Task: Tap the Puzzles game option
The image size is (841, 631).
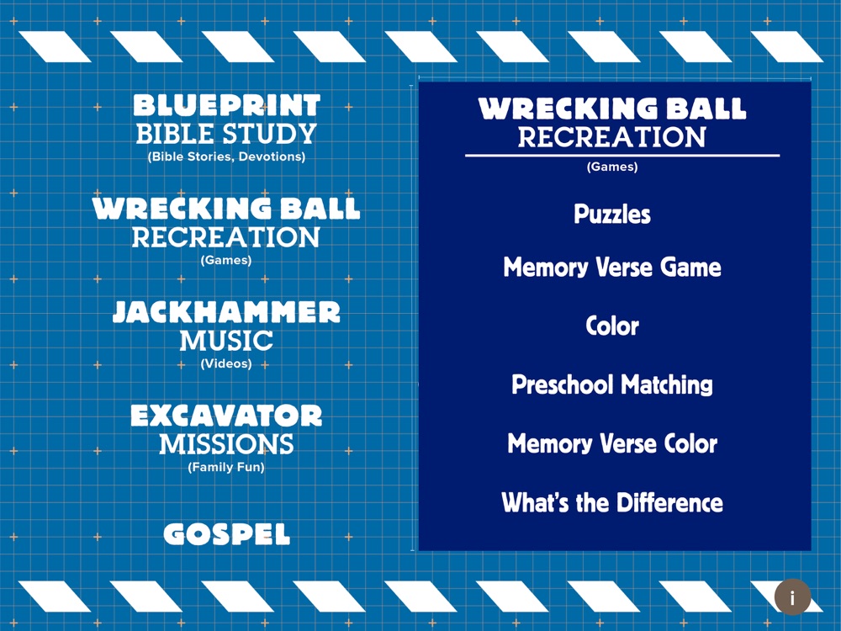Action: (612, 214)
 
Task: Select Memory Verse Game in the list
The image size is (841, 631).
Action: (612, 268)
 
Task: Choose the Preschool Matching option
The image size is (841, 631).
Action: (612, 384)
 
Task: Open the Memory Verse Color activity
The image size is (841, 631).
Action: (612, 443)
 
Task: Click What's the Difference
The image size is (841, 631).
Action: (612, 502)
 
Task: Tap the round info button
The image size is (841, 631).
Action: (792, 597)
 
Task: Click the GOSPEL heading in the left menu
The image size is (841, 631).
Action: (226, 534)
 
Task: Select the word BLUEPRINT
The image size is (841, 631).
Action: (226, 105)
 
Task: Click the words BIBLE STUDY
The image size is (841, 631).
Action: (226, 134)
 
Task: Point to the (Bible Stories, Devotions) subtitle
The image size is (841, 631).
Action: (226, 156)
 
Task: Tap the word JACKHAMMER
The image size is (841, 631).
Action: (226, 312)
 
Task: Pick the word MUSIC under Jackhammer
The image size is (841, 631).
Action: (226, 341)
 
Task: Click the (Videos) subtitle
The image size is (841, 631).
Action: (226, 363)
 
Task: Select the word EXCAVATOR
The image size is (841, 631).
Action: (226, 416)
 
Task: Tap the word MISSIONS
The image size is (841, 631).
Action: (226, 444)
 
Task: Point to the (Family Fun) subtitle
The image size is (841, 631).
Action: (226, 467)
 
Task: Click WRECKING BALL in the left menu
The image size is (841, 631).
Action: (226, 209)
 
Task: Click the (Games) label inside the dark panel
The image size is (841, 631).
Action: (612, 167)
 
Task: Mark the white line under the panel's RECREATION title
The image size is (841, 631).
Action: (622, 156)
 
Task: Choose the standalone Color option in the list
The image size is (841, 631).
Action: (612, 326)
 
